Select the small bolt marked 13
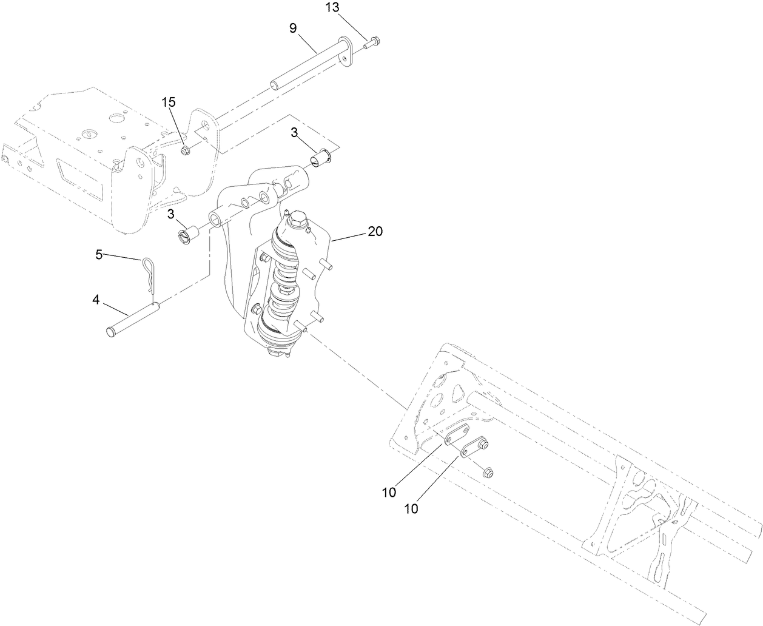[x=371, y=42]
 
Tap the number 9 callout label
[x=293, y=28]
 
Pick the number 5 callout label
[x=99, y=254]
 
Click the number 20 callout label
[x=375, y=231]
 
